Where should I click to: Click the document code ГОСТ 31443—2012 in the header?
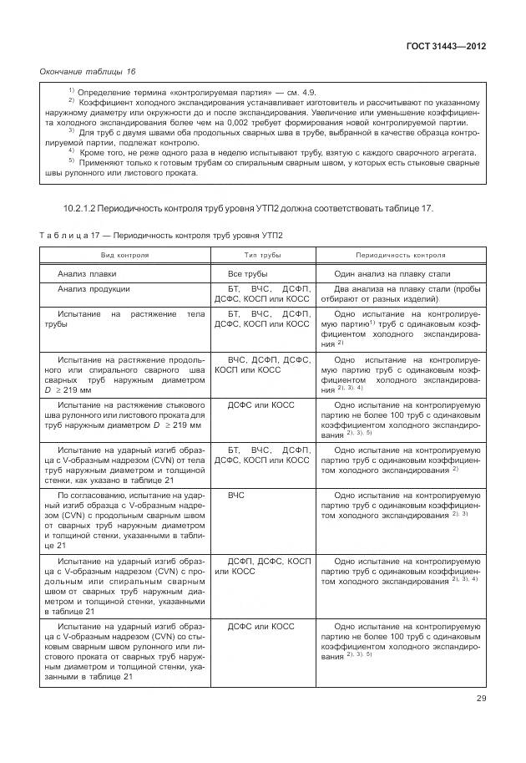(445, 46)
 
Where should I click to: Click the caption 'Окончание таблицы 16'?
(88, 72)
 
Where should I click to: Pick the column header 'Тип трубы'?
(262, 255)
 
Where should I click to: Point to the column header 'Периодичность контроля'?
(401, 255)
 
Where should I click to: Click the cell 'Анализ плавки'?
(87, 273)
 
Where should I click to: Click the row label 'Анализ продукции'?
(94, 289)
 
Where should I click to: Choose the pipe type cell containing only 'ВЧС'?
(237, 495)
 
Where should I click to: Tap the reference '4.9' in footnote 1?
(306, 91)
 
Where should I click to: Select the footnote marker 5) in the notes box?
(71, 161)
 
